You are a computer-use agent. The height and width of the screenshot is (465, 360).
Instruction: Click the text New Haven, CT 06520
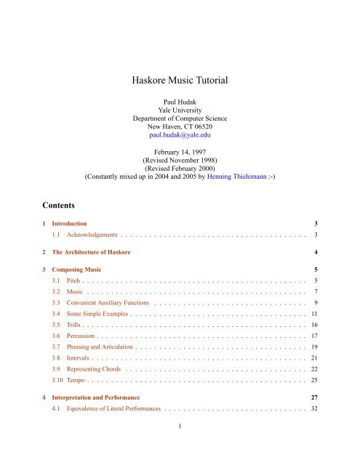[x=179, y=124]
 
